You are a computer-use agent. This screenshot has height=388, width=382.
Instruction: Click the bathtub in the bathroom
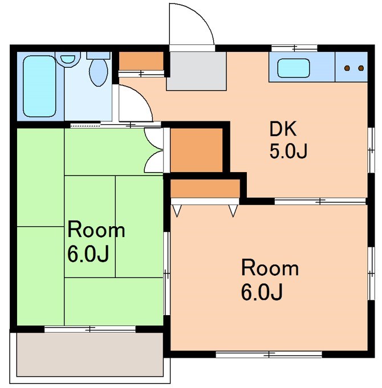click(39, 87)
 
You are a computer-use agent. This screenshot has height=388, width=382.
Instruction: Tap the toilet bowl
click(99, 72)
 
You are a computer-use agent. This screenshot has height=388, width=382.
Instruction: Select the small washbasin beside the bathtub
click(68, 59)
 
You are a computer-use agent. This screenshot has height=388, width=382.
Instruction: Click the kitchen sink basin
click(294, 68)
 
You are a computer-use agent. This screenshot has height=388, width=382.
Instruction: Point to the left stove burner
click(348, 68)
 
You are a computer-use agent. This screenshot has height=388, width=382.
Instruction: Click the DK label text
click(283, 129)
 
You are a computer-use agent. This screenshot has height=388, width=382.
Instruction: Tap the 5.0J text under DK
click(288, 151)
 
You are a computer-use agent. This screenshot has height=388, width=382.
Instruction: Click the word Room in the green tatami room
click(96, 230)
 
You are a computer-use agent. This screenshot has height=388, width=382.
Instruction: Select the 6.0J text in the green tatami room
click(88, 254)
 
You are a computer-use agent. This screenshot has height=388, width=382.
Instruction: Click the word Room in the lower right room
click(270, 268)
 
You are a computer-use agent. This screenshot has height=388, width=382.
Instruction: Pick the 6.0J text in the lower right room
click(262, 292)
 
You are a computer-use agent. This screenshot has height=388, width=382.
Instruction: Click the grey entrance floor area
click(197, 71)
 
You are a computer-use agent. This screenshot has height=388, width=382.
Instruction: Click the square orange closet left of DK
click(196, 150)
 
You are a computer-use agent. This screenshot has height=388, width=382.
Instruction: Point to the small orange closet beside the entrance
click(141, 61)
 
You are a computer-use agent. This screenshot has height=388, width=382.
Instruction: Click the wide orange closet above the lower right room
click(205, 189)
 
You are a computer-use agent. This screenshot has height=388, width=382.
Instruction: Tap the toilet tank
click(98, 55)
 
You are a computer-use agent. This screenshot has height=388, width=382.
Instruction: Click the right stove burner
click(361, 68)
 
